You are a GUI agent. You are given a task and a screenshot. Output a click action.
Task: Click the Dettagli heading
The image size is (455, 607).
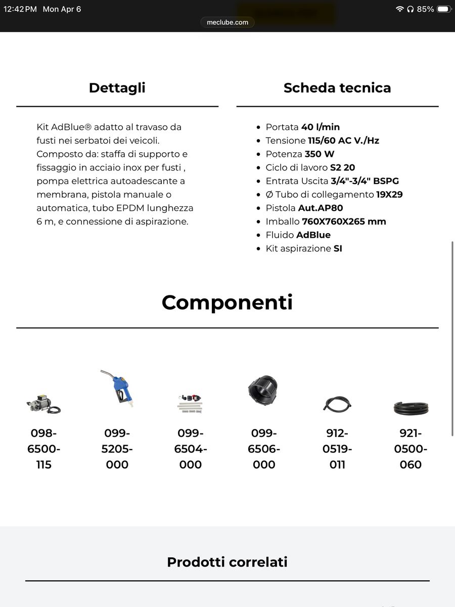117,88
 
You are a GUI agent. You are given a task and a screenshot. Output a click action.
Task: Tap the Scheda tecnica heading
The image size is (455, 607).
337,88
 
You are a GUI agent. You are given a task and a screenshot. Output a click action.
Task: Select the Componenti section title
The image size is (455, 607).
227,302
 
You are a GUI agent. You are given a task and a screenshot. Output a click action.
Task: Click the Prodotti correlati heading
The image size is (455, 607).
227,562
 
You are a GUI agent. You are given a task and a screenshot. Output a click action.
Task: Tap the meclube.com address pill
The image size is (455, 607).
227,22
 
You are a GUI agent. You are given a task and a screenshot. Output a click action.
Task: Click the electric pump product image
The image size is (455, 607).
43,403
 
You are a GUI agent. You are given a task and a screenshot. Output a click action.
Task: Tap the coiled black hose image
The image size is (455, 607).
411,407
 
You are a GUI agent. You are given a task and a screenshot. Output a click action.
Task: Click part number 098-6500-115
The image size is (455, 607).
44,449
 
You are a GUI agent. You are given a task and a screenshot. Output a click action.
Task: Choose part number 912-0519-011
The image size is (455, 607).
337,449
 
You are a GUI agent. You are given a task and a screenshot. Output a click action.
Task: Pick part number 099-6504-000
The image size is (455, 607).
191,449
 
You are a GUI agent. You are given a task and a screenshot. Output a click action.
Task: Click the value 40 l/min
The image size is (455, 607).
321,127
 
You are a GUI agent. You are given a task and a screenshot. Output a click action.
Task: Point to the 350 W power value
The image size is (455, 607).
320,154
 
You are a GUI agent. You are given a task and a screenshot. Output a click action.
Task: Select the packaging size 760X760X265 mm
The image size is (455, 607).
344,222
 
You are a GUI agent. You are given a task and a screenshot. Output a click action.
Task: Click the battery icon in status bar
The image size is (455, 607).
443,9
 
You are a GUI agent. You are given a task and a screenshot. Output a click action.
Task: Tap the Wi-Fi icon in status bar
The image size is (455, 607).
399,9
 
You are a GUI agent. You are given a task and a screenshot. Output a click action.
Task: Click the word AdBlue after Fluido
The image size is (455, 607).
313,235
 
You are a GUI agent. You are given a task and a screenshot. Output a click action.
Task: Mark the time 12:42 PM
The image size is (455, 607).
20,9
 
